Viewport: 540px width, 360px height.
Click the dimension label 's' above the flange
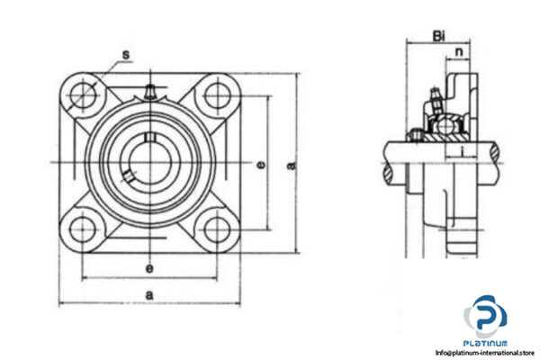point(125,56)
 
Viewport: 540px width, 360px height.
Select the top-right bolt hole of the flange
point(216,93)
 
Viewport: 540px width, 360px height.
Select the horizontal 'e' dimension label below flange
point(149,269)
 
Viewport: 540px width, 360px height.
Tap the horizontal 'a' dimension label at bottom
point(149,294)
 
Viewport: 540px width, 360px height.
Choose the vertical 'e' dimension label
point(260,164)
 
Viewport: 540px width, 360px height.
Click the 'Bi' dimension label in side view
point(438,36)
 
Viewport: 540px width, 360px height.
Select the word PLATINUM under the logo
point(486,343)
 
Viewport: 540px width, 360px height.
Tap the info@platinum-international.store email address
point(486,354)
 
